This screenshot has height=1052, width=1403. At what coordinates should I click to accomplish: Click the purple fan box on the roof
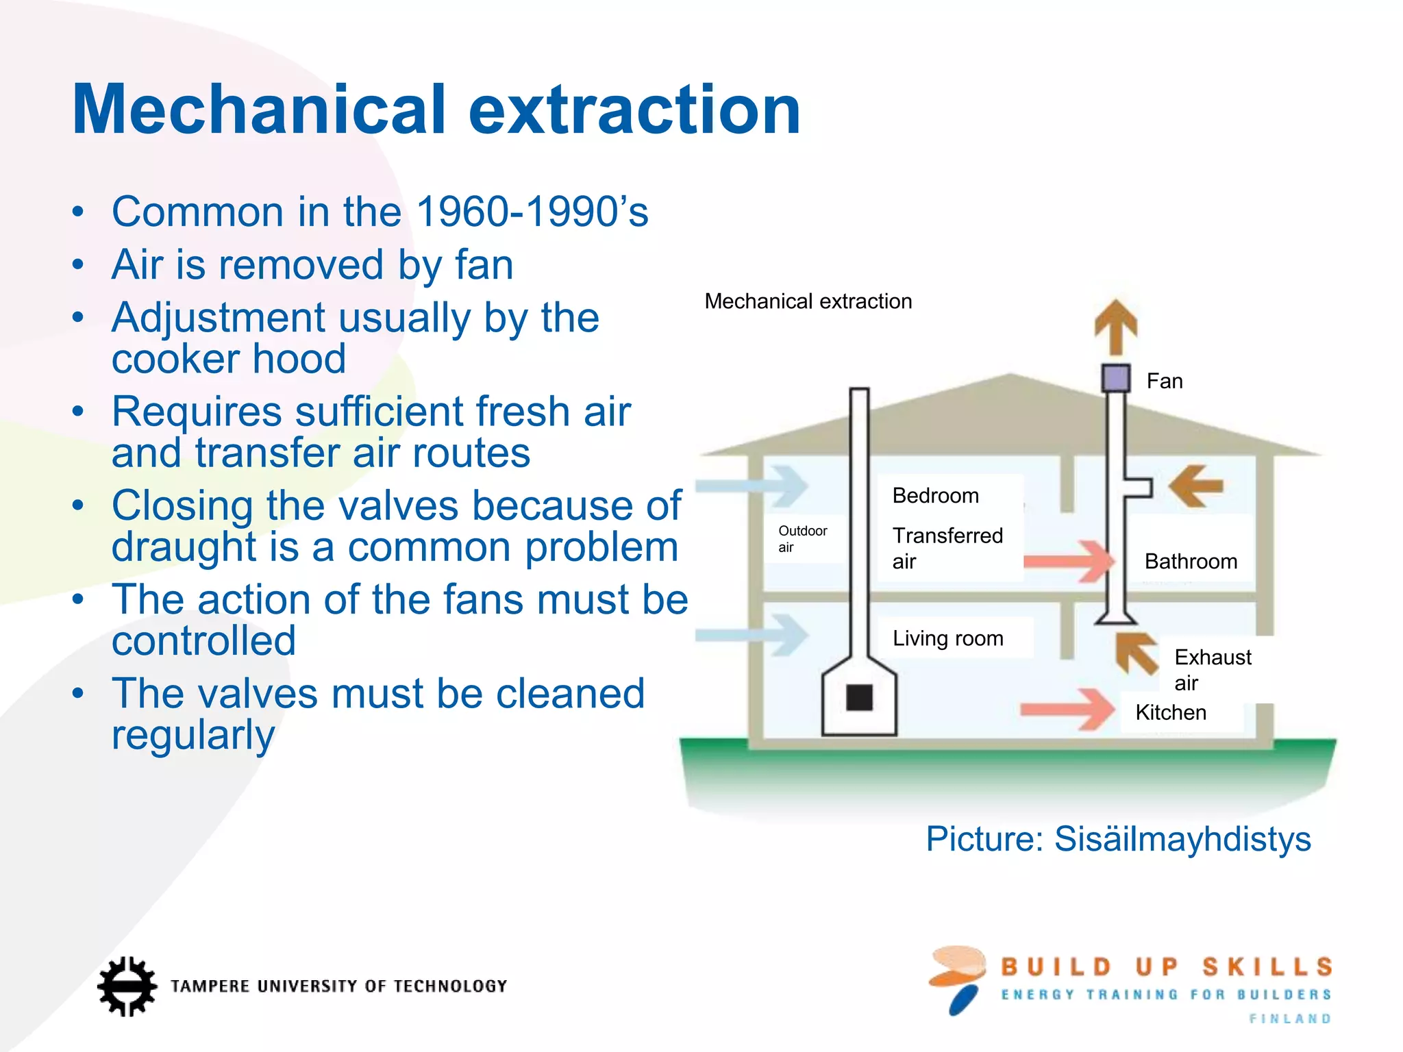tap(1115, 378)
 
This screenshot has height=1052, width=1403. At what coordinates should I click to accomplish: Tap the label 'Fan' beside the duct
tap(1165, 381)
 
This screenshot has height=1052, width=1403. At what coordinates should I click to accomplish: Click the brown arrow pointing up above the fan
tap(1116, 326)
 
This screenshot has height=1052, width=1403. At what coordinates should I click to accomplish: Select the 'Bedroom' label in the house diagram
tap(935, 495)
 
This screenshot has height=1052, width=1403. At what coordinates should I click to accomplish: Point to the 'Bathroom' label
tap(1191, 562)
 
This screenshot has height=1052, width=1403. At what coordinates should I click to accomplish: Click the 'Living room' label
tap(947, 638)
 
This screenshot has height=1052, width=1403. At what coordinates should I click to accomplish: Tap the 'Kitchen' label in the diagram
tap(1171, 712)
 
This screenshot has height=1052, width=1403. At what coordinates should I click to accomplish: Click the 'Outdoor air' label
tap(802, 538)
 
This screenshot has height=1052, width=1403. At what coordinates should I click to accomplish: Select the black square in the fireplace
tap(859, 697)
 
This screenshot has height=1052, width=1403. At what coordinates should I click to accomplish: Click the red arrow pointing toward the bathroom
tap(1069, 561)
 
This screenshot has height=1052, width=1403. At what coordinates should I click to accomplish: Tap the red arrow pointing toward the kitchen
tap(1069, 709)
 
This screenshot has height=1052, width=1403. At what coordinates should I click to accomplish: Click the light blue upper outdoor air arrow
tap(754, 486)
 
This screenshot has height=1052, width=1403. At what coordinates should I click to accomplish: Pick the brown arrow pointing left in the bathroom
tap(1196, 486)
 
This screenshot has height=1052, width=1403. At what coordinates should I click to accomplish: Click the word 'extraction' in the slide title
tap(634, 110)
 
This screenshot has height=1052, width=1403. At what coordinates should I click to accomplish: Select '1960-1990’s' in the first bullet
tap(532, 212)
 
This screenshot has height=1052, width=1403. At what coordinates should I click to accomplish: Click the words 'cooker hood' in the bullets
tap(229, 359)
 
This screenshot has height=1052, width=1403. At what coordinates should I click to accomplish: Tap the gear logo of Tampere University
tap(127, 986)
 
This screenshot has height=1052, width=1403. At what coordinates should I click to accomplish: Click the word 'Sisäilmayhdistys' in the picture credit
tap(1182, 838)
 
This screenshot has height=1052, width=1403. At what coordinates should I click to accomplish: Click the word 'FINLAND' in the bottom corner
tap(1290, 1018)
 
